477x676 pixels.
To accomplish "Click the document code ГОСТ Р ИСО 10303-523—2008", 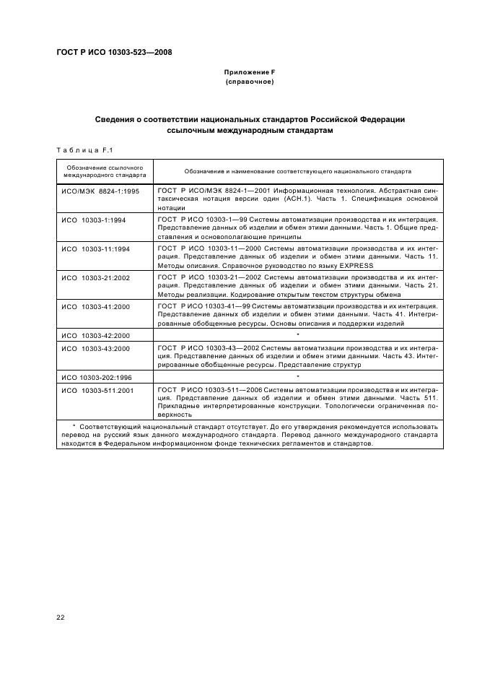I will pos(114,52).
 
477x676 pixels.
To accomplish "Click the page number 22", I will pos(61,616).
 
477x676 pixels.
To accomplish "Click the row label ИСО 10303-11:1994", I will pos(95,248).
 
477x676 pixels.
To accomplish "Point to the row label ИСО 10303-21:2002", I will pos(95,277).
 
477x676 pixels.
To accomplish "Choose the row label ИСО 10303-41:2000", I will pos(95,306).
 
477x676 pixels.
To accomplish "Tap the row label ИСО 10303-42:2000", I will pos(95,335).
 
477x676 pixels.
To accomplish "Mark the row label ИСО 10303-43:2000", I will pos(95,348).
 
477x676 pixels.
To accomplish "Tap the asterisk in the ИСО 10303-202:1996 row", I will pos(297,378).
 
